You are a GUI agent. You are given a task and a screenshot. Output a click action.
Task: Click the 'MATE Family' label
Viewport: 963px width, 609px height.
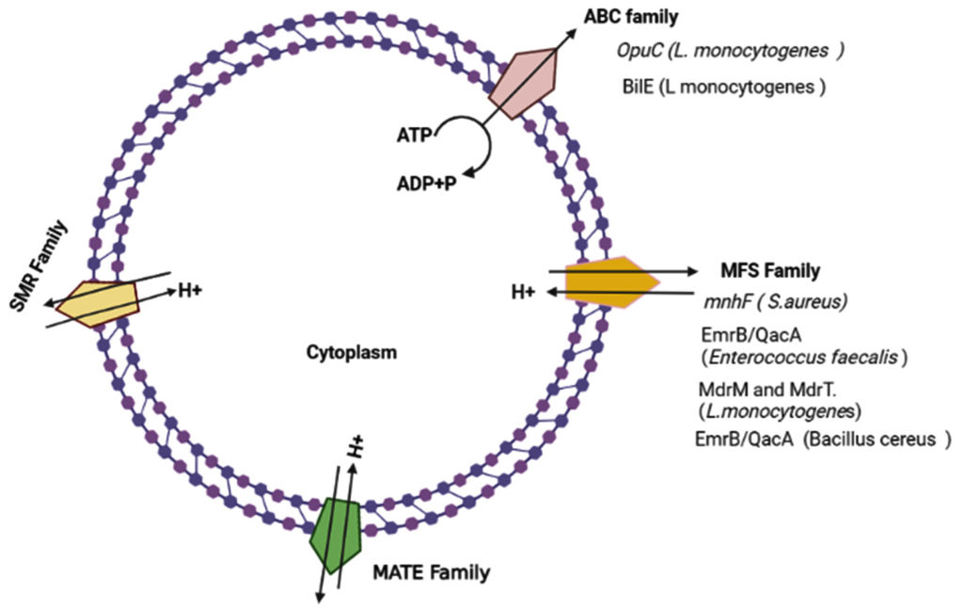click(431, 570)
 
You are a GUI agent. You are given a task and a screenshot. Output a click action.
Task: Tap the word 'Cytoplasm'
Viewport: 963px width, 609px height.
click(351, 353)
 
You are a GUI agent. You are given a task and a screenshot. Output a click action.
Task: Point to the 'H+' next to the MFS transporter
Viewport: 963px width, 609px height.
click(523, 293)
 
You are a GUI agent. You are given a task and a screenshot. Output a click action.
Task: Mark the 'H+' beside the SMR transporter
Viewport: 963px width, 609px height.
click(190, 291)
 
